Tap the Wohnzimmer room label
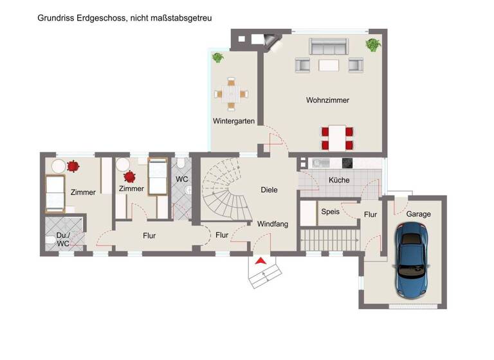327,100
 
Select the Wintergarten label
234,121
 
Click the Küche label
339,180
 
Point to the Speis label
330,211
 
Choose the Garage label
418,214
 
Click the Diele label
269,190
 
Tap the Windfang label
273,224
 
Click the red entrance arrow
261,260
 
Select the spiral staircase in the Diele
225,190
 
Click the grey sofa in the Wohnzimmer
329,46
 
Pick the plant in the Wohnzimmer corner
372,45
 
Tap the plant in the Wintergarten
218,57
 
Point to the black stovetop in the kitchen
348,163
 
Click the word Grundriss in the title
55,19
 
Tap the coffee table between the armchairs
329,64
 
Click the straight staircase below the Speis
326,240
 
